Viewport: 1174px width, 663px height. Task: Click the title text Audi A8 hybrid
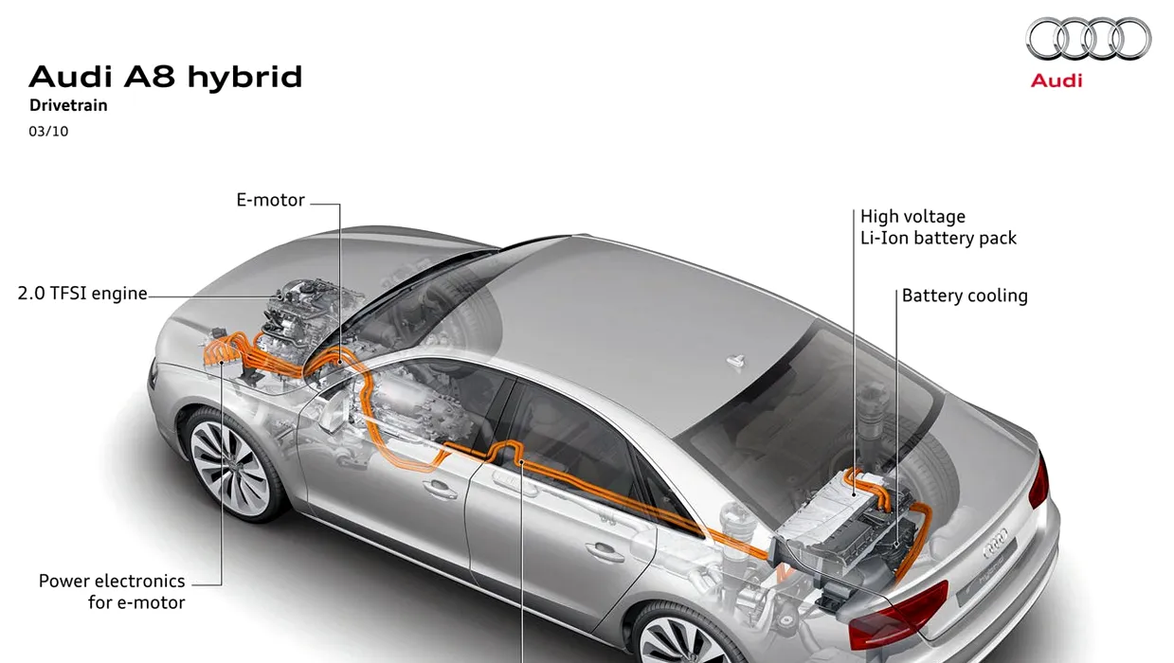tap(166, 77)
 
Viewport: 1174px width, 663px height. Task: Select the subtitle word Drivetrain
tap(68, 106)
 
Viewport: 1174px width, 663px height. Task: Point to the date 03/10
tap(48, 132)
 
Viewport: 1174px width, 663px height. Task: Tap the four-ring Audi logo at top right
tap(1088, 40)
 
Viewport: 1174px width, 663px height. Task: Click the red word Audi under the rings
tap(1056, 81)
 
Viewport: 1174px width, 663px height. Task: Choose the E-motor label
tap(270, 201)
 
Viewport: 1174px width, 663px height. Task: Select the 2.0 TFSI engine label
tap(82, 294)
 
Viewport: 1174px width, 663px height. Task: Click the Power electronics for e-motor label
tap(112, 591)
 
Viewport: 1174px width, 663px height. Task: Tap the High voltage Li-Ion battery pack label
tap(938, 227)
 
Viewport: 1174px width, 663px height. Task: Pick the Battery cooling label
tap(965, 296)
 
